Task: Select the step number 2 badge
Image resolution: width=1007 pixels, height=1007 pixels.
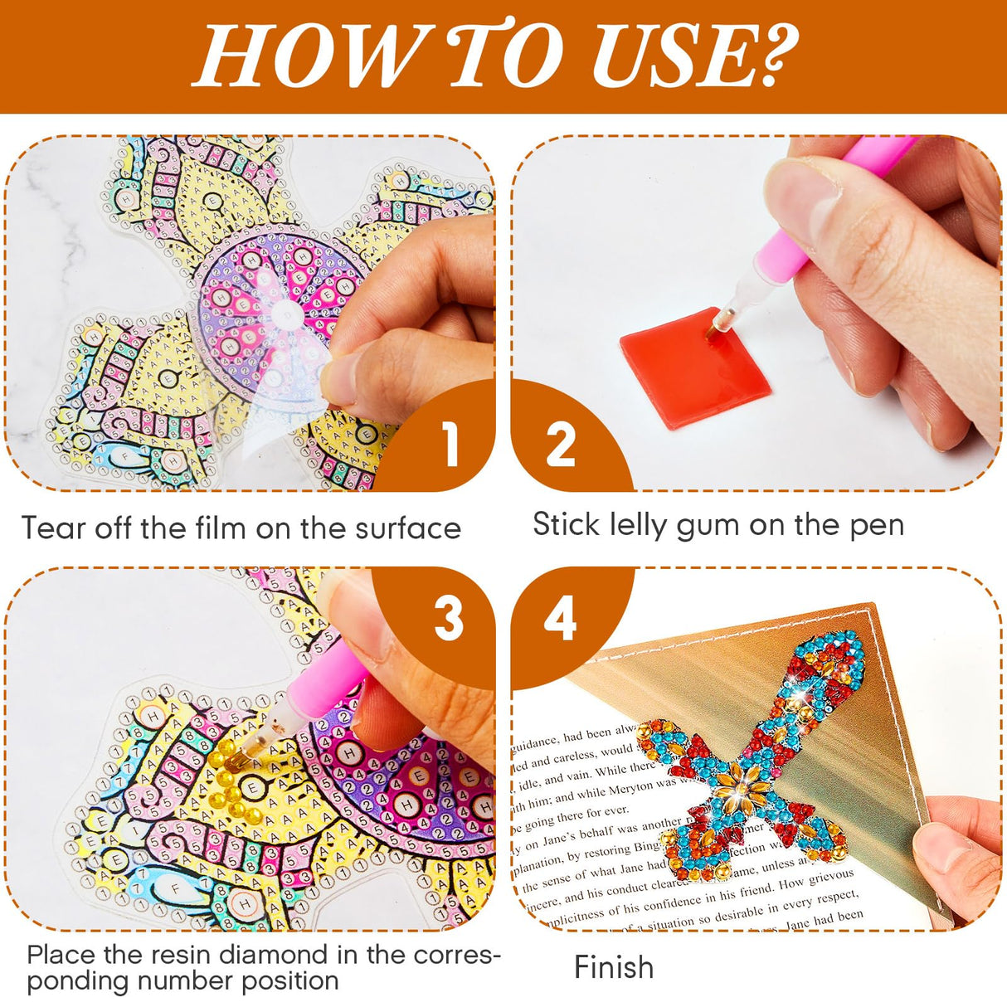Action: click(x=561, y=445)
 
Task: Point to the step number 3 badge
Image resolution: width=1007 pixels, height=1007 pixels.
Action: click(x=449, y=619)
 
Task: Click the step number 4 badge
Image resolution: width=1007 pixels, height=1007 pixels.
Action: click(x=560, y=619)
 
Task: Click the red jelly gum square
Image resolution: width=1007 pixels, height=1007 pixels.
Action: click(x=693, y=368)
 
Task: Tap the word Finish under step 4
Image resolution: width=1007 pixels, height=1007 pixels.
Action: click(x=614, y=967)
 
